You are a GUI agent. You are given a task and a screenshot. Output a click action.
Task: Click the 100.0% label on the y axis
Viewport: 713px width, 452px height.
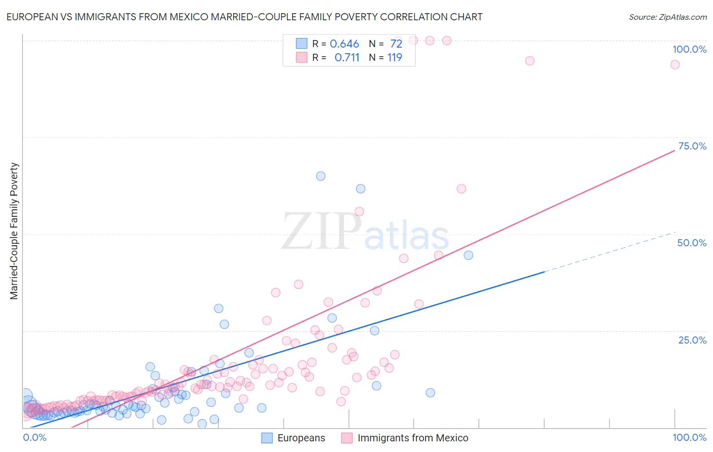(689, 49)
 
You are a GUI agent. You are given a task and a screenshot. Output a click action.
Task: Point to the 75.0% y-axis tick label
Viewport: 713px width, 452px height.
(692, 146)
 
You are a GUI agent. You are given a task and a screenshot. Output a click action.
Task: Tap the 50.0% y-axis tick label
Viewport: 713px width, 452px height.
(692, 243)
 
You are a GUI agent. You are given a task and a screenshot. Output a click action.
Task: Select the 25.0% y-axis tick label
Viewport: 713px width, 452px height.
(692, 340)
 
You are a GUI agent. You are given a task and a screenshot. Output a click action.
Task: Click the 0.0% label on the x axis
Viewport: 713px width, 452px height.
(34, 437)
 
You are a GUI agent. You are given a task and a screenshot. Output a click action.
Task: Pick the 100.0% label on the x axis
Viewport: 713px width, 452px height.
(689, 437)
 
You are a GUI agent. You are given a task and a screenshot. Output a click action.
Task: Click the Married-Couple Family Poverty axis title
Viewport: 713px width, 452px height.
(14, 231)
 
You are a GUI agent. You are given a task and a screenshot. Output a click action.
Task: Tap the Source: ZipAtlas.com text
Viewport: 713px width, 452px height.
(667, 17)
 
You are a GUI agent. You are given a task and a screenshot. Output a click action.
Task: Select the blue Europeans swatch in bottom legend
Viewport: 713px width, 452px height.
(267, 438)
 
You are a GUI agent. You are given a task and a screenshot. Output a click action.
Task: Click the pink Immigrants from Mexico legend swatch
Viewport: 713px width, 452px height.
(347, 438)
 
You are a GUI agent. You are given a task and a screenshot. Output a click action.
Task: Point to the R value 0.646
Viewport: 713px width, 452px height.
(344, 44)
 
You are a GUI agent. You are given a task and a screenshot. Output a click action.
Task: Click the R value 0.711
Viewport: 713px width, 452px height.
(347, 58)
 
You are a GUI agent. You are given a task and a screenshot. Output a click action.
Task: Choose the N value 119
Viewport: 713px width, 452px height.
(395, 58)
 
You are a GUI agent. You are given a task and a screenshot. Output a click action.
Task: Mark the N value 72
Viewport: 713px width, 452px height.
(396, 44)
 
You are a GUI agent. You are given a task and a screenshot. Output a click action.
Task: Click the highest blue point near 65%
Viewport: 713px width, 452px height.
(320, 176)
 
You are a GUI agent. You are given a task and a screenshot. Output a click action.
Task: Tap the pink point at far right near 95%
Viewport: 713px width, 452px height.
(674, 64)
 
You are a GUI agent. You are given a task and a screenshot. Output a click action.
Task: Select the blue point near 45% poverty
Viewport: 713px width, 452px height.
(468, 255)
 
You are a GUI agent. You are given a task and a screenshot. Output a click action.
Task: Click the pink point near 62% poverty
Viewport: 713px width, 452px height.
(461, 189)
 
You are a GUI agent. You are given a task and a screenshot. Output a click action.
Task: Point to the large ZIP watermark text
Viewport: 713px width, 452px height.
(322, 232)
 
